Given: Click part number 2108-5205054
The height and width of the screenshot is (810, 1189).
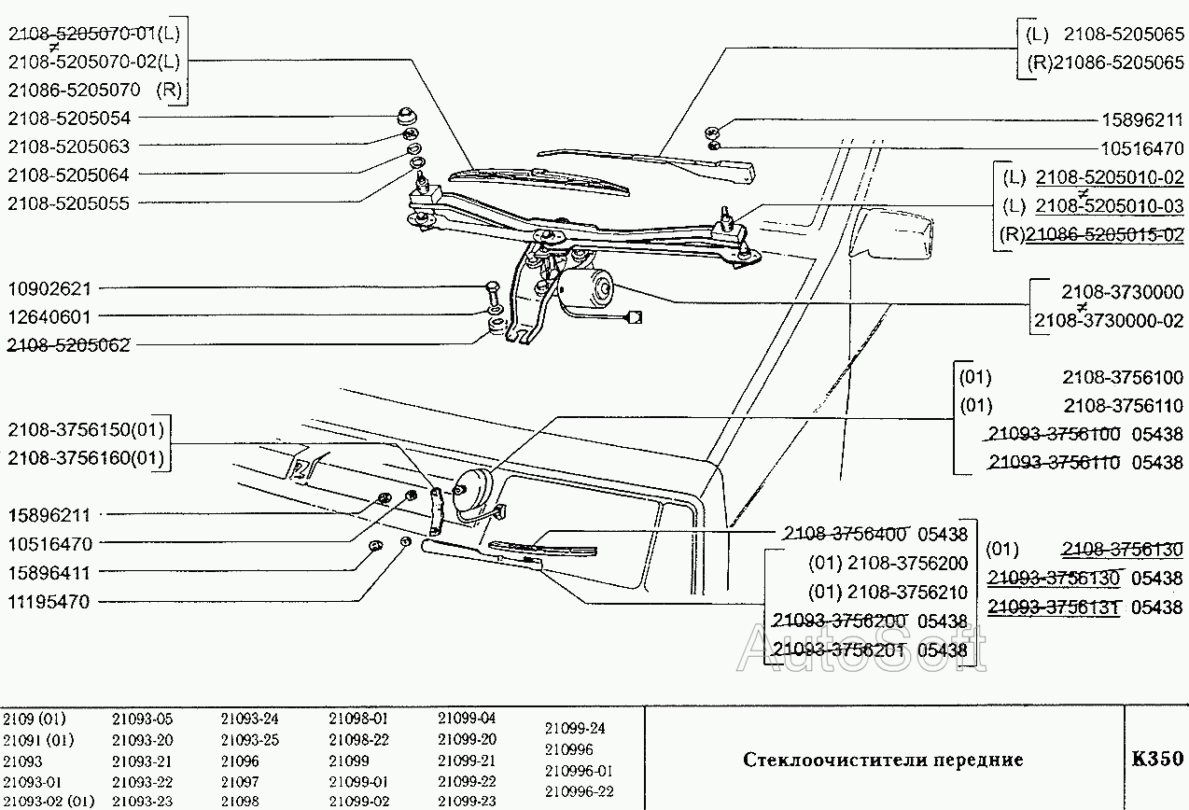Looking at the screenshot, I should tap(69, 119).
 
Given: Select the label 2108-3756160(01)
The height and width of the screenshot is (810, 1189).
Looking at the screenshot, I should tap(86, 458).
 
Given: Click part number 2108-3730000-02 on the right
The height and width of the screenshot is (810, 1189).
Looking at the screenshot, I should tap(1108, 320).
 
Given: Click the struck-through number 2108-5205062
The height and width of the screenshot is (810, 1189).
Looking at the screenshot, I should tap(69, 345).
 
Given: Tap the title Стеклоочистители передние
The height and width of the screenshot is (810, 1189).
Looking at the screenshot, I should tap(883, 760).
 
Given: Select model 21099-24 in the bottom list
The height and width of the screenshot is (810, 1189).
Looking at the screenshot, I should tap(574, 728).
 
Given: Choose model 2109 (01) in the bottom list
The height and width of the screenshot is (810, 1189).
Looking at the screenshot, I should tap(35, 719).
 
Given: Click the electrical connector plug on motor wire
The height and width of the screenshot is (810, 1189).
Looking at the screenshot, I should tap(635, 317).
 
